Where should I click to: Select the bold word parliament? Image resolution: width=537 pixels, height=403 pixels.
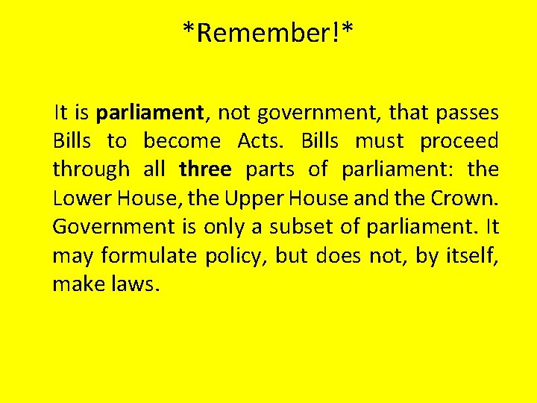pos(150,113)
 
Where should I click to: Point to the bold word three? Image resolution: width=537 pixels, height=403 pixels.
pos(205,169)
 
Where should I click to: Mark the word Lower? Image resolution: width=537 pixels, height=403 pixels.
pos(81,198)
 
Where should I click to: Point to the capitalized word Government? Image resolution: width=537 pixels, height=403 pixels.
pos(107,226)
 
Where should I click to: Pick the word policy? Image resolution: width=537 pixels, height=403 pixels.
pos(235,255)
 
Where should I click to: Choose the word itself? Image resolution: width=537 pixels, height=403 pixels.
pos(473,255)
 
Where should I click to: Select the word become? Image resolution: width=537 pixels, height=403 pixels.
pos(182,141)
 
